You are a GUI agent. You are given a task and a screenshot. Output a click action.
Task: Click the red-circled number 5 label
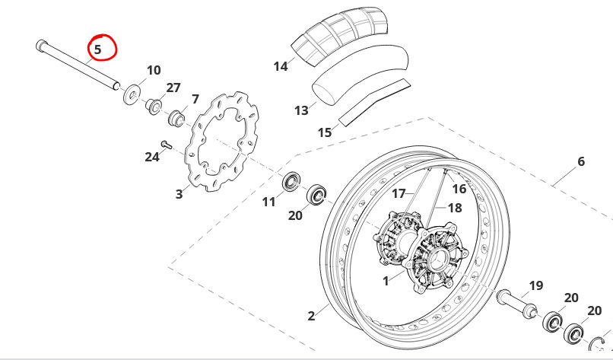[x=97, y=49]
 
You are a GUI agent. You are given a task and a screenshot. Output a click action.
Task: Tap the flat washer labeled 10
[x=131, y=94]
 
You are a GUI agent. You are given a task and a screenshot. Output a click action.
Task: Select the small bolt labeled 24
[x=166, y=145]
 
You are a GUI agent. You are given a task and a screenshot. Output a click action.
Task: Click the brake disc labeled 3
[x=221, y=142]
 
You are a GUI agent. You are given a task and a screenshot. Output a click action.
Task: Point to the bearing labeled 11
[x=291, y=181]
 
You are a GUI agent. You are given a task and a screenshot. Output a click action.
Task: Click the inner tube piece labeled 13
[x=360, y=75]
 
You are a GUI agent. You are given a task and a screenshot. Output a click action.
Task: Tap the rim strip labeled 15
[x=374, y=103]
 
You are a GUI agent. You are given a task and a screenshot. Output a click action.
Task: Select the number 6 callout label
[x=581, y=161]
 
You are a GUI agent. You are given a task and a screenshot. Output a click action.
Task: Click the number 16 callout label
[x=459, y=189]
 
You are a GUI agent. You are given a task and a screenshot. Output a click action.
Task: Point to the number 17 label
[x=399, y=193]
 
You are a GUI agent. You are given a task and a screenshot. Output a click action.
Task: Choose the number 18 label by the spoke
[x=455, y=208]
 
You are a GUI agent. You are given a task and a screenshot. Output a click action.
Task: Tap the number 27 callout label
[x=173, y=88]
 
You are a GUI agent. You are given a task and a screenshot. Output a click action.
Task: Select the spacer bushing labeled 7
[x=176, y=119]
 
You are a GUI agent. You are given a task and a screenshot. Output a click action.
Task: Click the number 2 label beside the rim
[x=311, y=316]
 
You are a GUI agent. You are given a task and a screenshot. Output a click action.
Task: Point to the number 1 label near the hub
[x=386, y=281]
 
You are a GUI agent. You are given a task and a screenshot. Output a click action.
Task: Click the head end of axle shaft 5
[x=41, y=46]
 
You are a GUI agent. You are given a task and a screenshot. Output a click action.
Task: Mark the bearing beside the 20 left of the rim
[x=316, y=194]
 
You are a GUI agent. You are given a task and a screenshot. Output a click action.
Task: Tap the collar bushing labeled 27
[x=154, y=106]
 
